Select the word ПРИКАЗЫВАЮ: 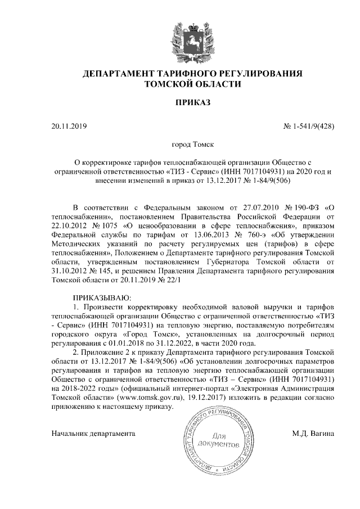click(x=102, y=296)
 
